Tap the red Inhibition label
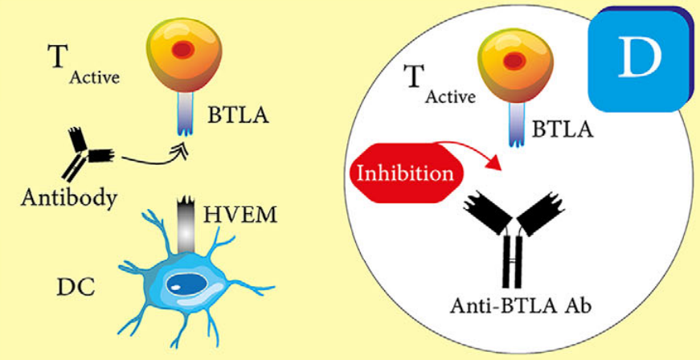(x=405, y=172)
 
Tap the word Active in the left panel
(x=94, y=79)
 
